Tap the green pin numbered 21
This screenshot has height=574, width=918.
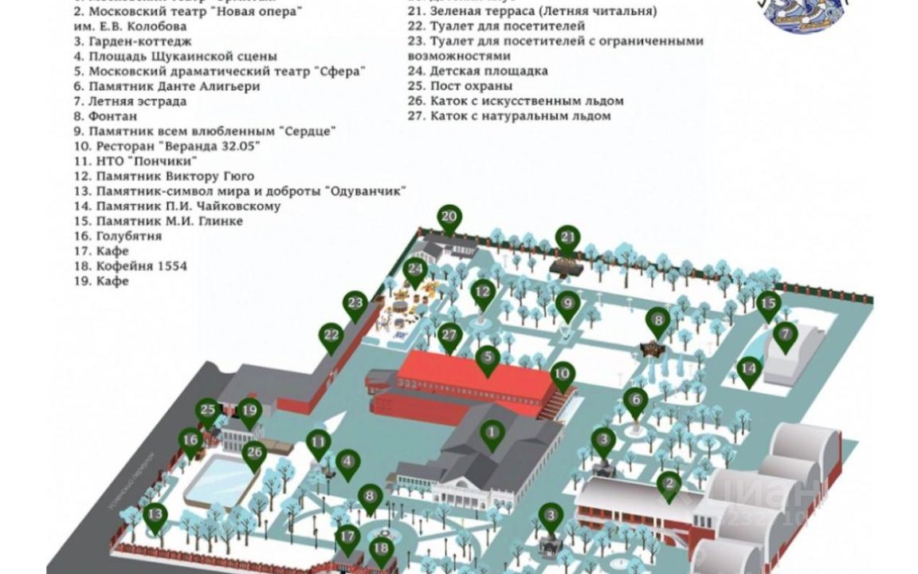coord(568,238)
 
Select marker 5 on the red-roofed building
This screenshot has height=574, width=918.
coord(488,359)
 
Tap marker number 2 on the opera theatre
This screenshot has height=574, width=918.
coord(669,484)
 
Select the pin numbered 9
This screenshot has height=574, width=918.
coord(567,304)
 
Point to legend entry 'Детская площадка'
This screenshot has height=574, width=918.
coord(488,71)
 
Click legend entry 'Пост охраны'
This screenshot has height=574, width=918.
coord(470,86)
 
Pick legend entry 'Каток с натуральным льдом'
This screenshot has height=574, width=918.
coord(520,116)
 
